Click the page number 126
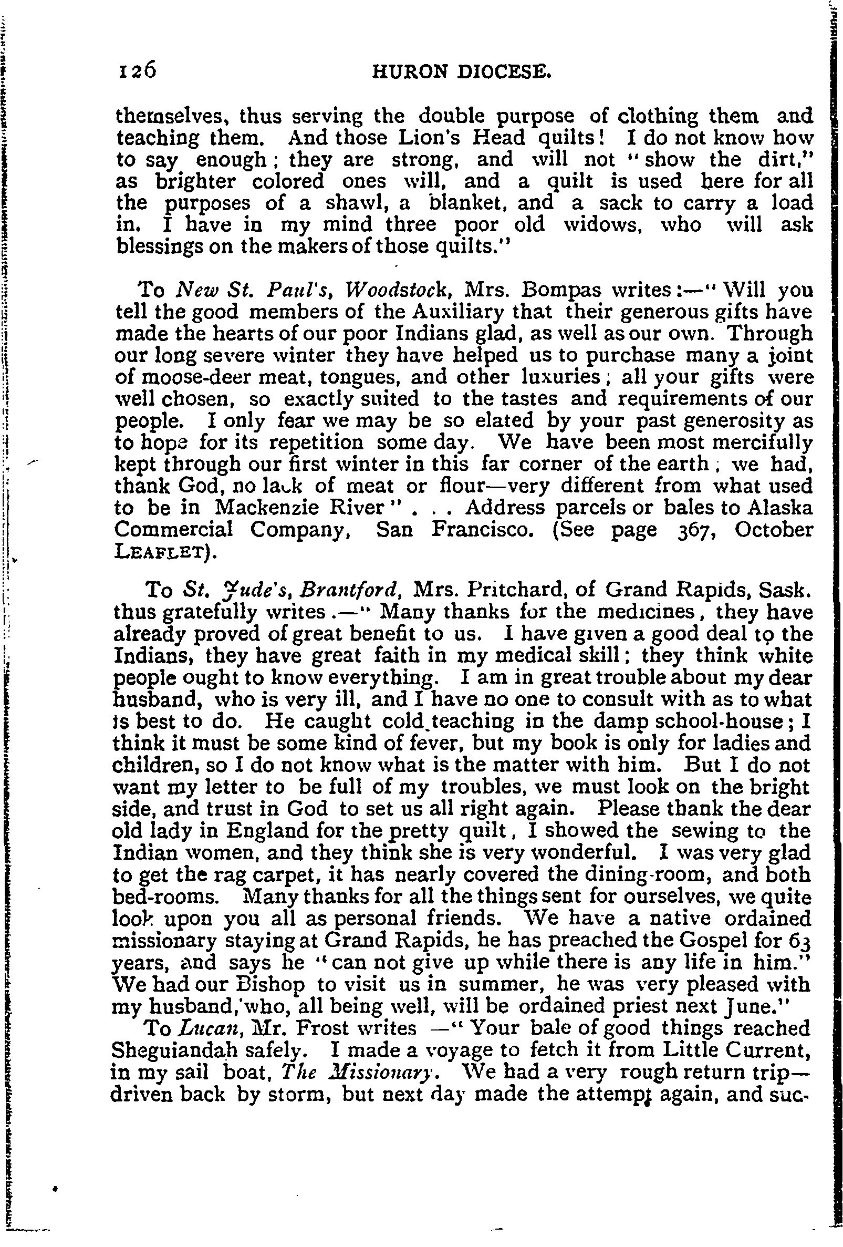point(136,69)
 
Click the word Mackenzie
point(279,507)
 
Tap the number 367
point(693,529)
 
